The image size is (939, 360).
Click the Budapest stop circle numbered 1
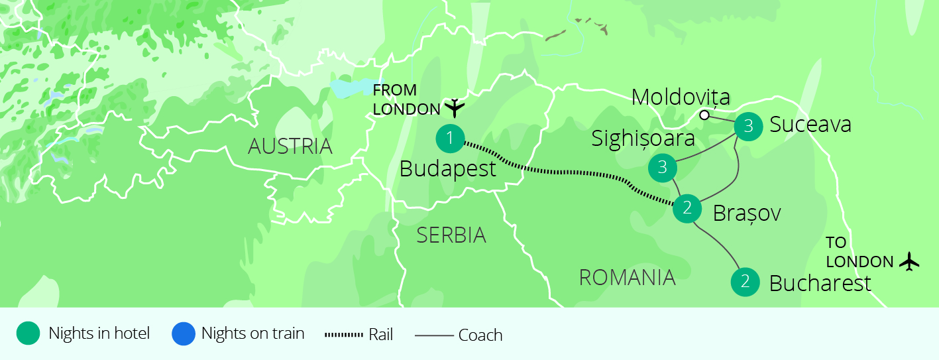point(450,139)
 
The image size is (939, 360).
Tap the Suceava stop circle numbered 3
point(748,126)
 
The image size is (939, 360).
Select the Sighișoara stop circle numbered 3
point(663,168)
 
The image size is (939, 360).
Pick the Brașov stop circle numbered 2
point(687,209)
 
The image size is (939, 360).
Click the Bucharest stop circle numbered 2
point(745,282)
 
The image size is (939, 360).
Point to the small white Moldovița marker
point(704,115)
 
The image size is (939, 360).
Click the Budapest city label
point(448,170)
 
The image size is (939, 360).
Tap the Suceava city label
point(810,125)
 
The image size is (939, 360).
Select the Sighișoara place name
point(643,139)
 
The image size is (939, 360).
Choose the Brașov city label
point(747,213)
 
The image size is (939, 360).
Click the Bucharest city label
point(820,284)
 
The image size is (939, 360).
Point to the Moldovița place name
point(681,97)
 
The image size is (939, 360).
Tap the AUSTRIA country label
point(290,147)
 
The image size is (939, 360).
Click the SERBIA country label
point(451,235)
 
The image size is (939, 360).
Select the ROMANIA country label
point(627,277)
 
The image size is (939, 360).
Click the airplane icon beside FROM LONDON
point(455,107)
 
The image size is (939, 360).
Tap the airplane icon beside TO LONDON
point(910,261)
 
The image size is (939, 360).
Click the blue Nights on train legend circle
point(184,333)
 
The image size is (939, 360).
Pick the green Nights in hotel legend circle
point(28,333)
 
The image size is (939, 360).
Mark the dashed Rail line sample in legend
point(344,335)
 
